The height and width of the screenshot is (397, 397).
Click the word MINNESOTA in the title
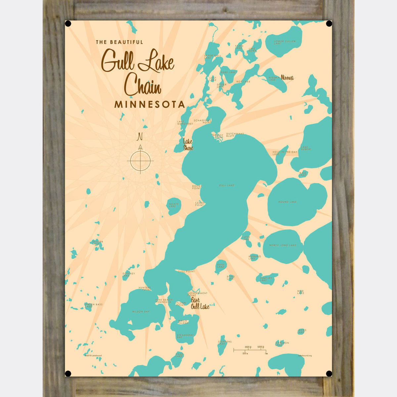pyautogui.click(x=150, y=105)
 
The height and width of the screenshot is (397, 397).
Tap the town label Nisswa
pyautogui.click(x=287, y=78)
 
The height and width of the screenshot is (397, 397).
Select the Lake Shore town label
pyautogui.click(x=188, y=145)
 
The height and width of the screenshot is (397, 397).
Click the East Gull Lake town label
pyautogui.click(x=200, y=303)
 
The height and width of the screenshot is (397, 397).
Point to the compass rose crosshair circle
pyautogui.click(x=140, y=161)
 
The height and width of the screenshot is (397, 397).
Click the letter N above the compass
pyautogui.click(x=140, y=136)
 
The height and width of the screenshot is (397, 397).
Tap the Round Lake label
pyautogui.click(x=287, y=202)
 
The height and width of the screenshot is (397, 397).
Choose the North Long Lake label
pyautogui.click(x=283, y=245)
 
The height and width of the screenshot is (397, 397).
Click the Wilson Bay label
pyautogui.click(x=141, y=312)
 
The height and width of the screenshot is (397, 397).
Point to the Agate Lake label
pyautogui.click(x=174, y=205)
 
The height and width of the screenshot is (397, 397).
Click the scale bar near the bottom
pyautogui.click(x=250, y=350)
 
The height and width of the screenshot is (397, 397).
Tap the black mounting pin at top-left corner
pyautogui.click(x=68, y=24)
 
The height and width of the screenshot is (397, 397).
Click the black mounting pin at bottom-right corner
pyautogui.click(x=329, y=374)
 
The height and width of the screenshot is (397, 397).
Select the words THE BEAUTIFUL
pyautogui.click(x=119, y=42)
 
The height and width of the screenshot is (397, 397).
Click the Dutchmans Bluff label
pyautogui.click(x=235, y=135)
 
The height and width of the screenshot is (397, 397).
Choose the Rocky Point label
pyautogui.click(x=197, y=187)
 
